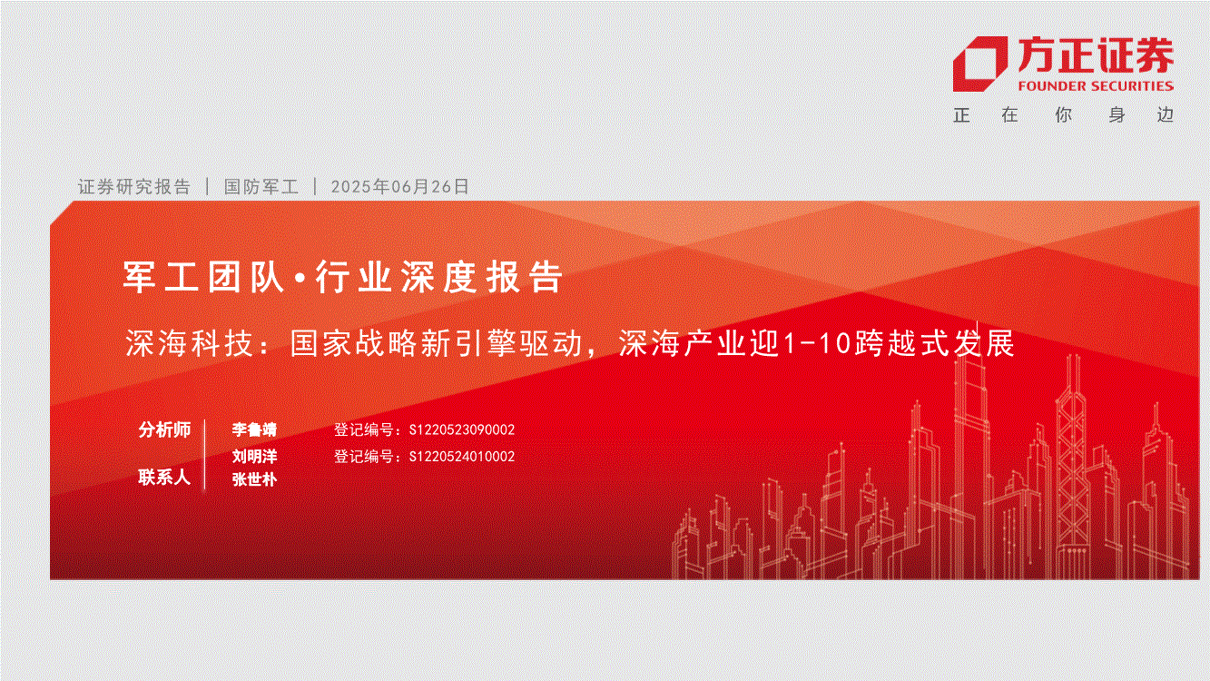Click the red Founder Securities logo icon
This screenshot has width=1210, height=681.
click(979, 64)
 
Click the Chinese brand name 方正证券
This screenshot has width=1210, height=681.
click(1096, 55)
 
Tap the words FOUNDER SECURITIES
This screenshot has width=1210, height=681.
click(1096, 86)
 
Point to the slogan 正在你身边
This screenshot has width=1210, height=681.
click(1064, 115)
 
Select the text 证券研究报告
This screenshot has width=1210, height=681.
click(134, 187)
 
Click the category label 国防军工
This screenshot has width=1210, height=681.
click(261, 187)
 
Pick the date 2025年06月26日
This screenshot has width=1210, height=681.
click(400, 187)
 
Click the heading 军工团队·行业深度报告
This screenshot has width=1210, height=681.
click(343, 277)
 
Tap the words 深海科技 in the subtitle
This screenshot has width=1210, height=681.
click(189, 343)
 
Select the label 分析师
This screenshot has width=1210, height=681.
click(165, 429)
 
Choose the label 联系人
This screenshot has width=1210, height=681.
click(165, 478)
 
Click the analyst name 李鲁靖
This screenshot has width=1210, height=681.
click(254, 429)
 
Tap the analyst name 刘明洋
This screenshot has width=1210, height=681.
click(254, 456)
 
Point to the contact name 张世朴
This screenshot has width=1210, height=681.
click(254, 479)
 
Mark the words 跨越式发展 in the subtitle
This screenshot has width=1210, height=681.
click(934, 343)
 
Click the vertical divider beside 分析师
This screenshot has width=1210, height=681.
click(205, 455)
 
